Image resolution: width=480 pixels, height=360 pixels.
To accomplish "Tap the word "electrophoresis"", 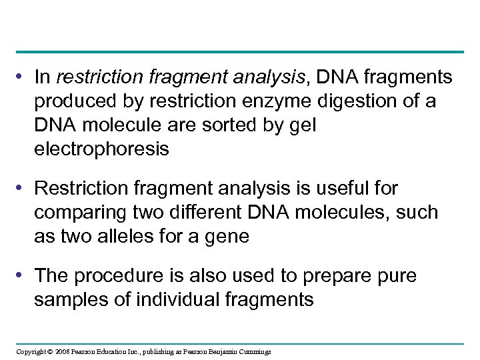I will pos(101,150).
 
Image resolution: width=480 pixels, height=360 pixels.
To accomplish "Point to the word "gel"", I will pos(303,126).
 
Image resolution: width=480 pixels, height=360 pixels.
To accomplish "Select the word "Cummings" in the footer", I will pos(254,351).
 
